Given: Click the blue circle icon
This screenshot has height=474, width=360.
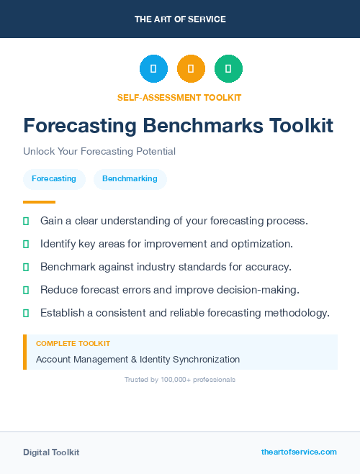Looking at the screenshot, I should [153, 68].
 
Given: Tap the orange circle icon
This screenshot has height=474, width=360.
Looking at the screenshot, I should [191, 68].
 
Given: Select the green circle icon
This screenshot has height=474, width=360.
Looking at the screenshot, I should [228, 68].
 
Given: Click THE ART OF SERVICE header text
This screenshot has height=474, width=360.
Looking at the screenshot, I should [180, 19].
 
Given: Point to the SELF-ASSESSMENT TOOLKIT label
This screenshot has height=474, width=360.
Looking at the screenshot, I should [179, 97].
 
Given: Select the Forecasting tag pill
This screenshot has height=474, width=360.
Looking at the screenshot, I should [54, 178].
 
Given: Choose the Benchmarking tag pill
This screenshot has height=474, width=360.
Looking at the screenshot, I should [130, 178].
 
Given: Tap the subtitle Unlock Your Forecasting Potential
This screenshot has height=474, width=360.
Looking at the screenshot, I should [99, 151].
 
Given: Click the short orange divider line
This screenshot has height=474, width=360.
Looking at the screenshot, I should [39, 202].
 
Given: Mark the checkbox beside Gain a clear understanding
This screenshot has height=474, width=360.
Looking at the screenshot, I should [26, 221].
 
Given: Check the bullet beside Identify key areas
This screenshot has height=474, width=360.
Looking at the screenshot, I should [26, 244].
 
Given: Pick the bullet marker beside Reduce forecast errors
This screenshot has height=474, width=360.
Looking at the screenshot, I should [26, 290].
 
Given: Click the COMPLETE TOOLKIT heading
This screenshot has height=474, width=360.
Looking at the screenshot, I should [73, 344].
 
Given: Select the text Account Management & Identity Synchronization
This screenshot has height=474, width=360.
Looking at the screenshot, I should [138, 359].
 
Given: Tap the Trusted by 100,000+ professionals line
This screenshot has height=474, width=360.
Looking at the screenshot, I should [180, 379].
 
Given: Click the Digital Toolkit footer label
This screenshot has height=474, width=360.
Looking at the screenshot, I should [51, 452].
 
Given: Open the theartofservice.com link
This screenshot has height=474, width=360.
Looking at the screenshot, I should [299, 452].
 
